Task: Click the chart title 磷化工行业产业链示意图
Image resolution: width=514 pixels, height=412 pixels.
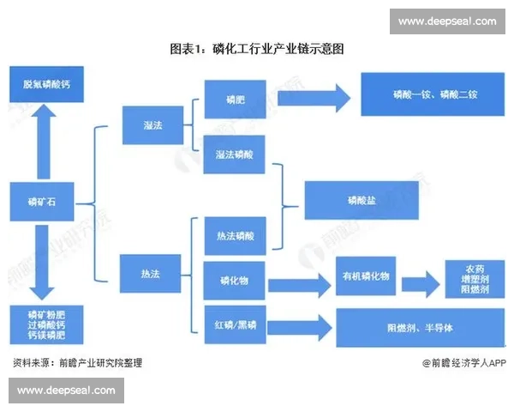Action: (x=257, y=49)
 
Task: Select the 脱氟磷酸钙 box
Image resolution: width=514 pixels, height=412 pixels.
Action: (x=42, y=85)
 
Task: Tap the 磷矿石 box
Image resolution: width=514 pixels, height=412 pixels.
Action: (x=40, y=203)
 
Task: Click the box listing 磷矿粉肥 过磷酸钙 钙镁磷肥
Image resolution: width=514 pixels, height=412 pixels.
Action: (x=42, y=326)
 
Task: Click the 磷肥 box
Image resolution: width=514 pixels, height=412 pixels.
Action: (x=235, y=99)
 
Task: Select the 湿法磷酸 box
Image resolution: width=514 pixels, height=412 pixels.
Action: (x=235, y=154)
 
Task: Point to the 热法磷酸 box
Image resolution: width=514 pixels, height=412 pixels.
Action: (x=235, y=234)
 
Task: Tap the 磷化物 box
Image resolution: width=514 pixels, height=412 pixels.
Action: (x=235, y=281)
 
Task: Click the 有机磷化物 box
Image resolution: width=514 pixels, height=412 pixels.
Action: (x=366, y=276)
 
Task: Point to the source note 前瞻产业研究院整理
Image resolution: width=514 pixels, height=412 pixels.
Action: (x=77, y=363)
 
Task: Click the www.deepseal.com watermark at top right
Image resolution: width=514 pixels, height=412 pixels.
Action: (x=447, y=21)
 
